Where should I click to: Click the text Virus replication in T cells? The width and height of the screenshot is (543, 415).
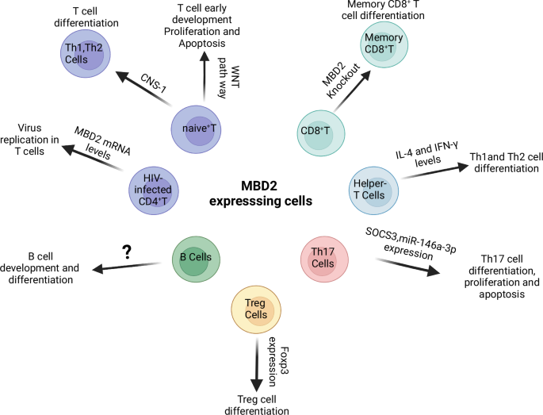[x=38, y=137]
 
